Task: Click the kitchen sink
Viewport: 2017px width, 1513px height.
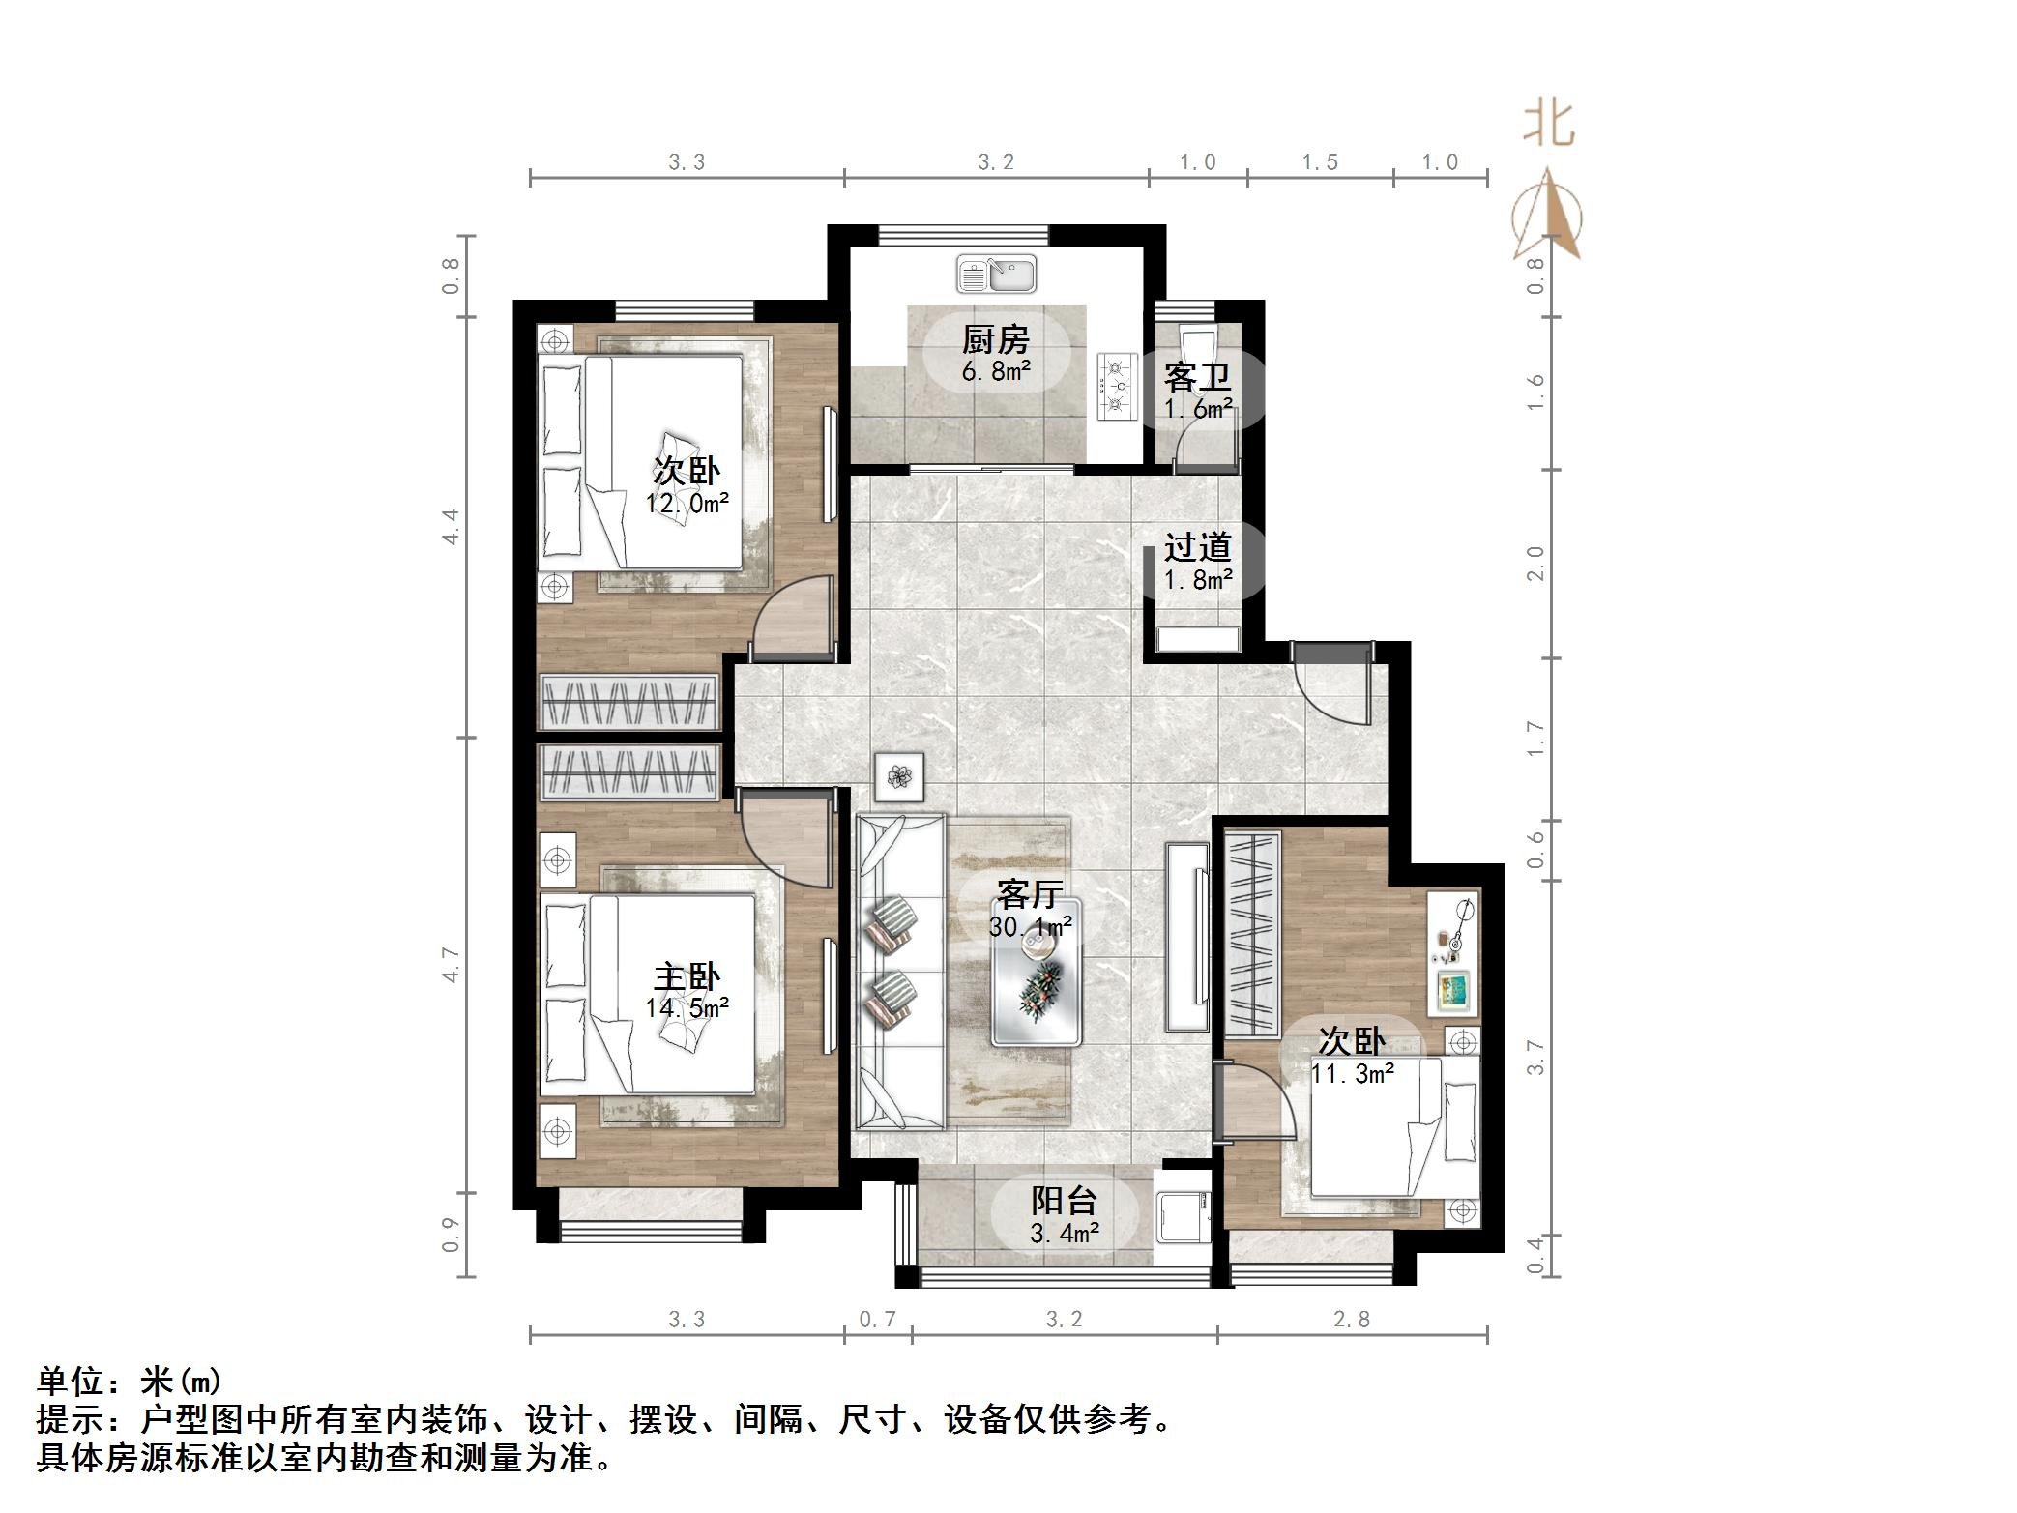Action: tap(996, 274)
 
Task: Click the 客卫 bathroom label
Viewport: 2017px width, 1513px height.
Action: tap(1198, 391)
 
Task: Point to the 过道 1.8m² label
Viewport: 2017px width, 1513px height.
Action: tap(1198, 563)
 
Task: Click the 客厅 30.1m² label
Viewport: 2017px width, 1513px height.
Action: tap(1030, 909)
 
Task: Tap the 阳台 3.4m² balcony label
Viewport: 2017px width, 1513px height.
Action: tap(1064, 1215)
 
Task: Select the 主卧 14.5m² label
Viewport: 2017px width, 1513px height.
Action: tap(687, 991)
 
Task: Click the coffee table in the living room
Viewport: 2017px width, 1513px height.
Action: tap(1037, 972)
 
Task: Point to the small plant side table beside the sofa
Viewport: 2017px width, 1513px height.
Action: tap(899, 776)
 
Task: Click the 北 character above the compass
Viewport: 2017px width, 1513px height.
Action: tap(1549, 124)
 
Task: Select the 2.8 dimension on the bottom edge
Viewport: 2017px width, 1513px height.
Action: tap(1351, 1319)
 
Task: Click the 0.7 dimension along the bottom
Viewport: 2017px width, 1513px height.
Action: tap(878, 1319)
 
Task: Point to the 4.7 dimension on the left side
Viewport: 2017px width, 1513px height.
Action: tap(451, 964)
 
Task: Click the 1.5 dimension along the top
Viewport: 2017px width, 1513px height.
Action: tap(1320, 162)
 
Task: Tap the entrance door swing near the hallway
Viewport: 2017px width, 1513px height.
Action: tap(1334, 686)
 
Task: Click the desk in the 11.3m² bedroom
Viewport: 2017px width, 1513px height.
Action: tap(1454, 952)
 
